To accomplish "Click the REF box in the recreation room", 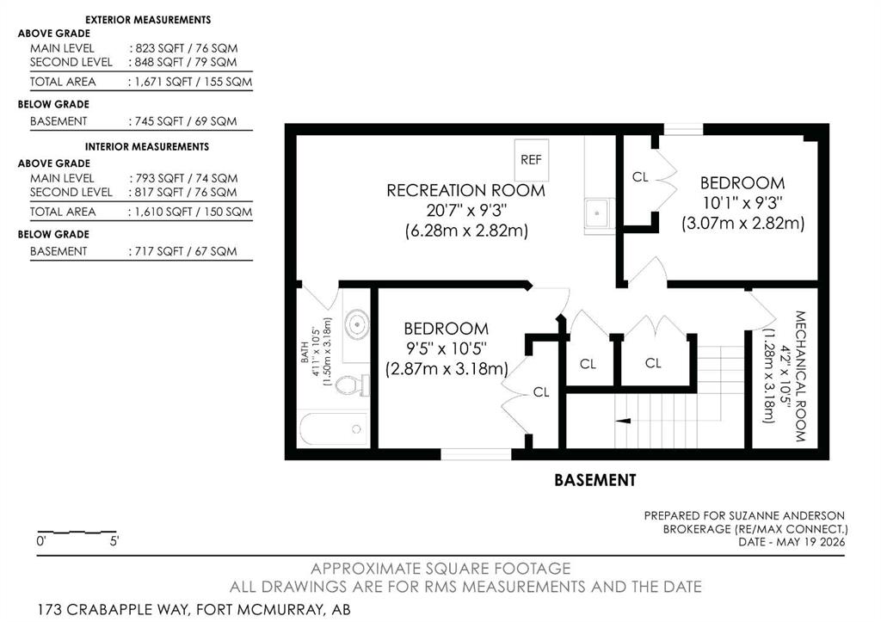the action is (x=532, y=160).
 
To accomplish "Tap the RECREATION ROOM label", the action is (x=465, y=190).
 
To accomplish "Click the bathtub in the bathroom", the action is (x=334, y=429).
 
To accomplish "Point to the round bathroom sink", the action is (x=356, y=324).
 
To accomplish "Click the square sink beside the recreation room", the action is (x=599, y=213).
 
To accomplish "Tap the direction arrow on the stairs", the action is (x=623, y=421).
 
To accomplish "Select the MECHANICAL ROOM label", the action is (x=801, y=376).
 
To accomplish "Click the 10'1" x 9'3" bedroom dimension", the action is (x=742, y=202).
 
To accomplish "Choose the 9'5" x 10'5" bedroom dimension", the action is (x=447, y=349).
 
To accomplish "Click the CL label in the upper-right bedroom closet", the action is (x=640, y=177).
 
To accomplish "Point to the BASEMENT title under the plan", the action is (x=595, y=480).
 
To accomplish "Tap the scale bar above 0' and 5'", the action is (x=77, y=532).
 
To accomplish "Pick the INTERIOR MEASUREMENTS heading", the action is (x=146, y=146).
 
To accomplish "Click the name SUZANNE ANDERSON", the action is (x=786, y=516).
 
